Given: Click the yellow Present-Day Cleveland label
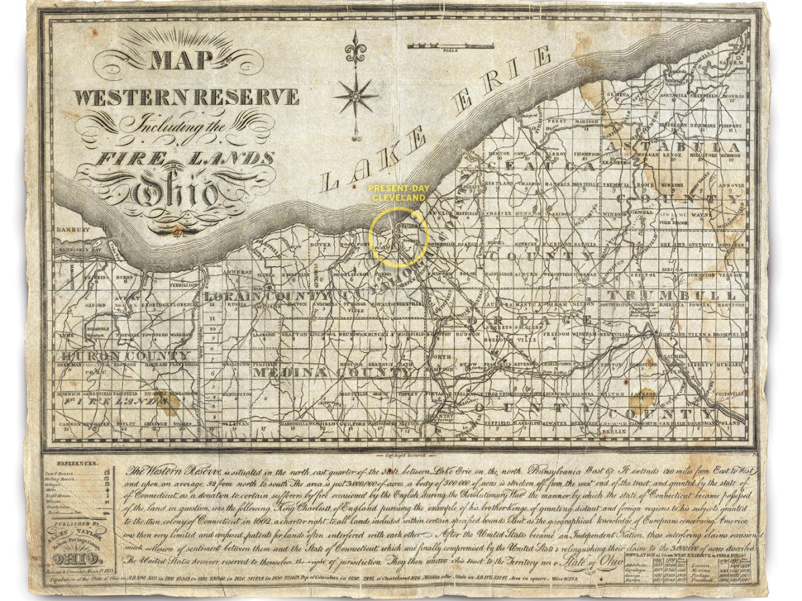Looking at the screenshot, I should click(x=398, y=194).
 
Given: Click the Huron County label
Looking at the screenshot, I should click(x=126, y=357).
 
